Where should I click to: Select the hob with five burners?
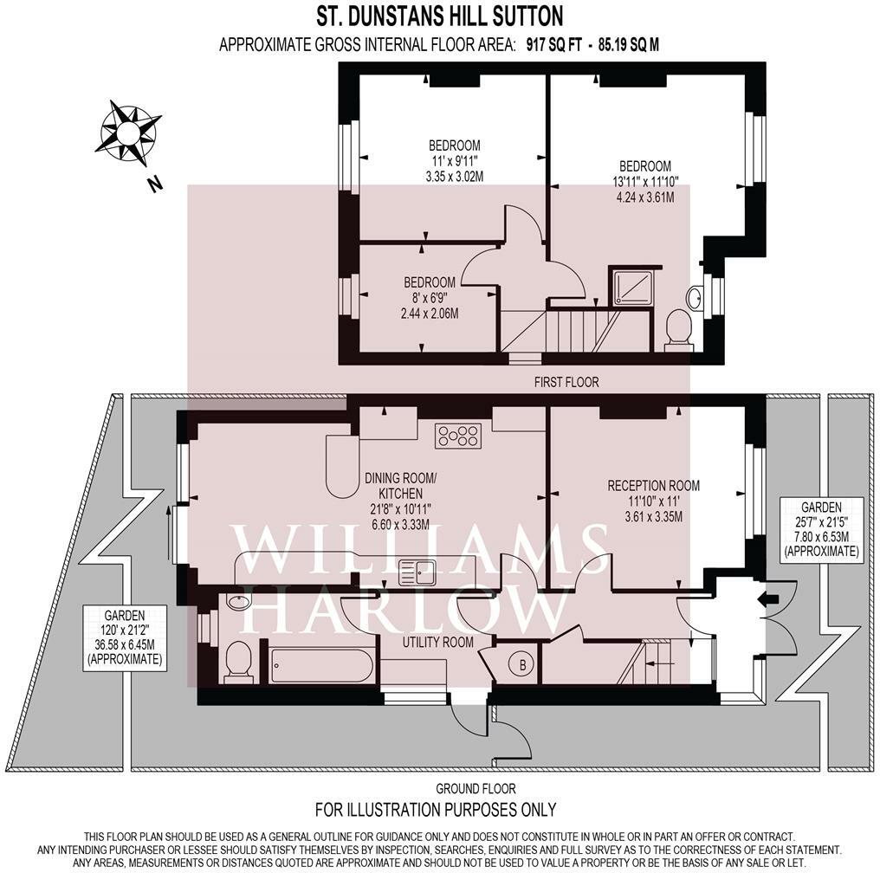tap(458, 436)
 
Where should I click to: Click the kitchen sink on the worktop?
tap(417, 572)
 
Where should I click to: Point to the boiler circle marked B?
tap(522, 665)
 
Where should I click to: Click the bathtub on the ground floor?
tap(321, 666)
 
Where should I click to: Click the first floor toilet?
tap(679, 331)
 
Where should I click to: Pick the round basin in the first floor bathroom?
tap(696, 297)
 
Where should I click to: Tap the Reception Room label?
tap(654, 486)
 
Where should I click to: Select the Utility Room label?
tap(437, 642)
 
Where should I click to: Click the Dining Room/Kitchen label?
tap(401, 486)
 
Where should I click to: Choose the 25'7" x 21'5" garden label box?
tap(821, 528)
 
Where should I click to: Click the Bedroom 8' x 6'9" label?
tap(430, 297)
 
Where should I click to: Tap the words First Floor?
tap(566, 382)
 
